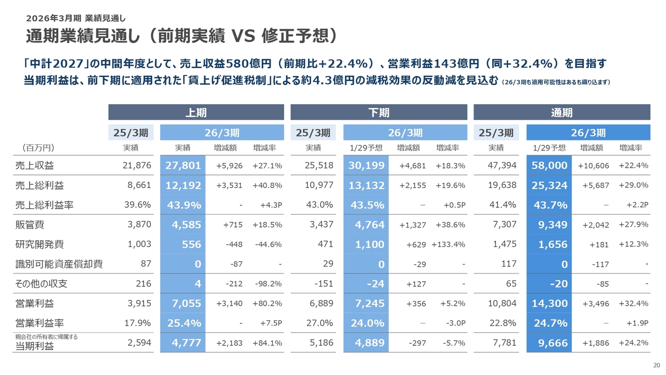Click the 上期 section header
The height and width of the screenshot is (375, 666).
click(196, 112)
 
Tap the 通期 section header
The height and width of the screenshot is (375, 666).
click(562, 112)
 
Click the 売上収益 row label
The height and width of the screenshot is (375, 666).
click(35, 166)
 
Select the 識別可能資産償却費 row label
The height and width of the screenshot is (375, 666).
click(59, 264)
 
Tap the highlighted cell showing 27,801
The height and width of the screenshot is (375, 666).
click(183, 166)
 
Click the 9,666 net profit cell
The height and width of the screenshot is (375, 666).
click(551, 343)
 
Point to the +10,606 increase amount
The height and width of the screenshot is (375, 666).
click(594, 166)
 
